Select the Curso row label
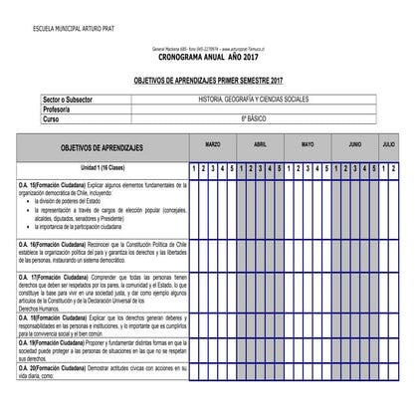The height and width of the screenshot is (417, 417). pos(52,117)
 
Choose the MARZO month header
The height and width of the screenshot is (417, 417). pos(213,145)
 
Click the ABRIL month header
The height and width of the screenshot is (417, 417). pos(261,145)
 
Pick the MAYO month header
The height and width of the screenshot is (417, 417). pos(308,145)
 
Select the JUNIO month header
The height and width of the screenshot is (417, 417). pos(354,145)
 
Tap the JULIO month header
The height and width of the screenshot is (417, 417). pos(388,145)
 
